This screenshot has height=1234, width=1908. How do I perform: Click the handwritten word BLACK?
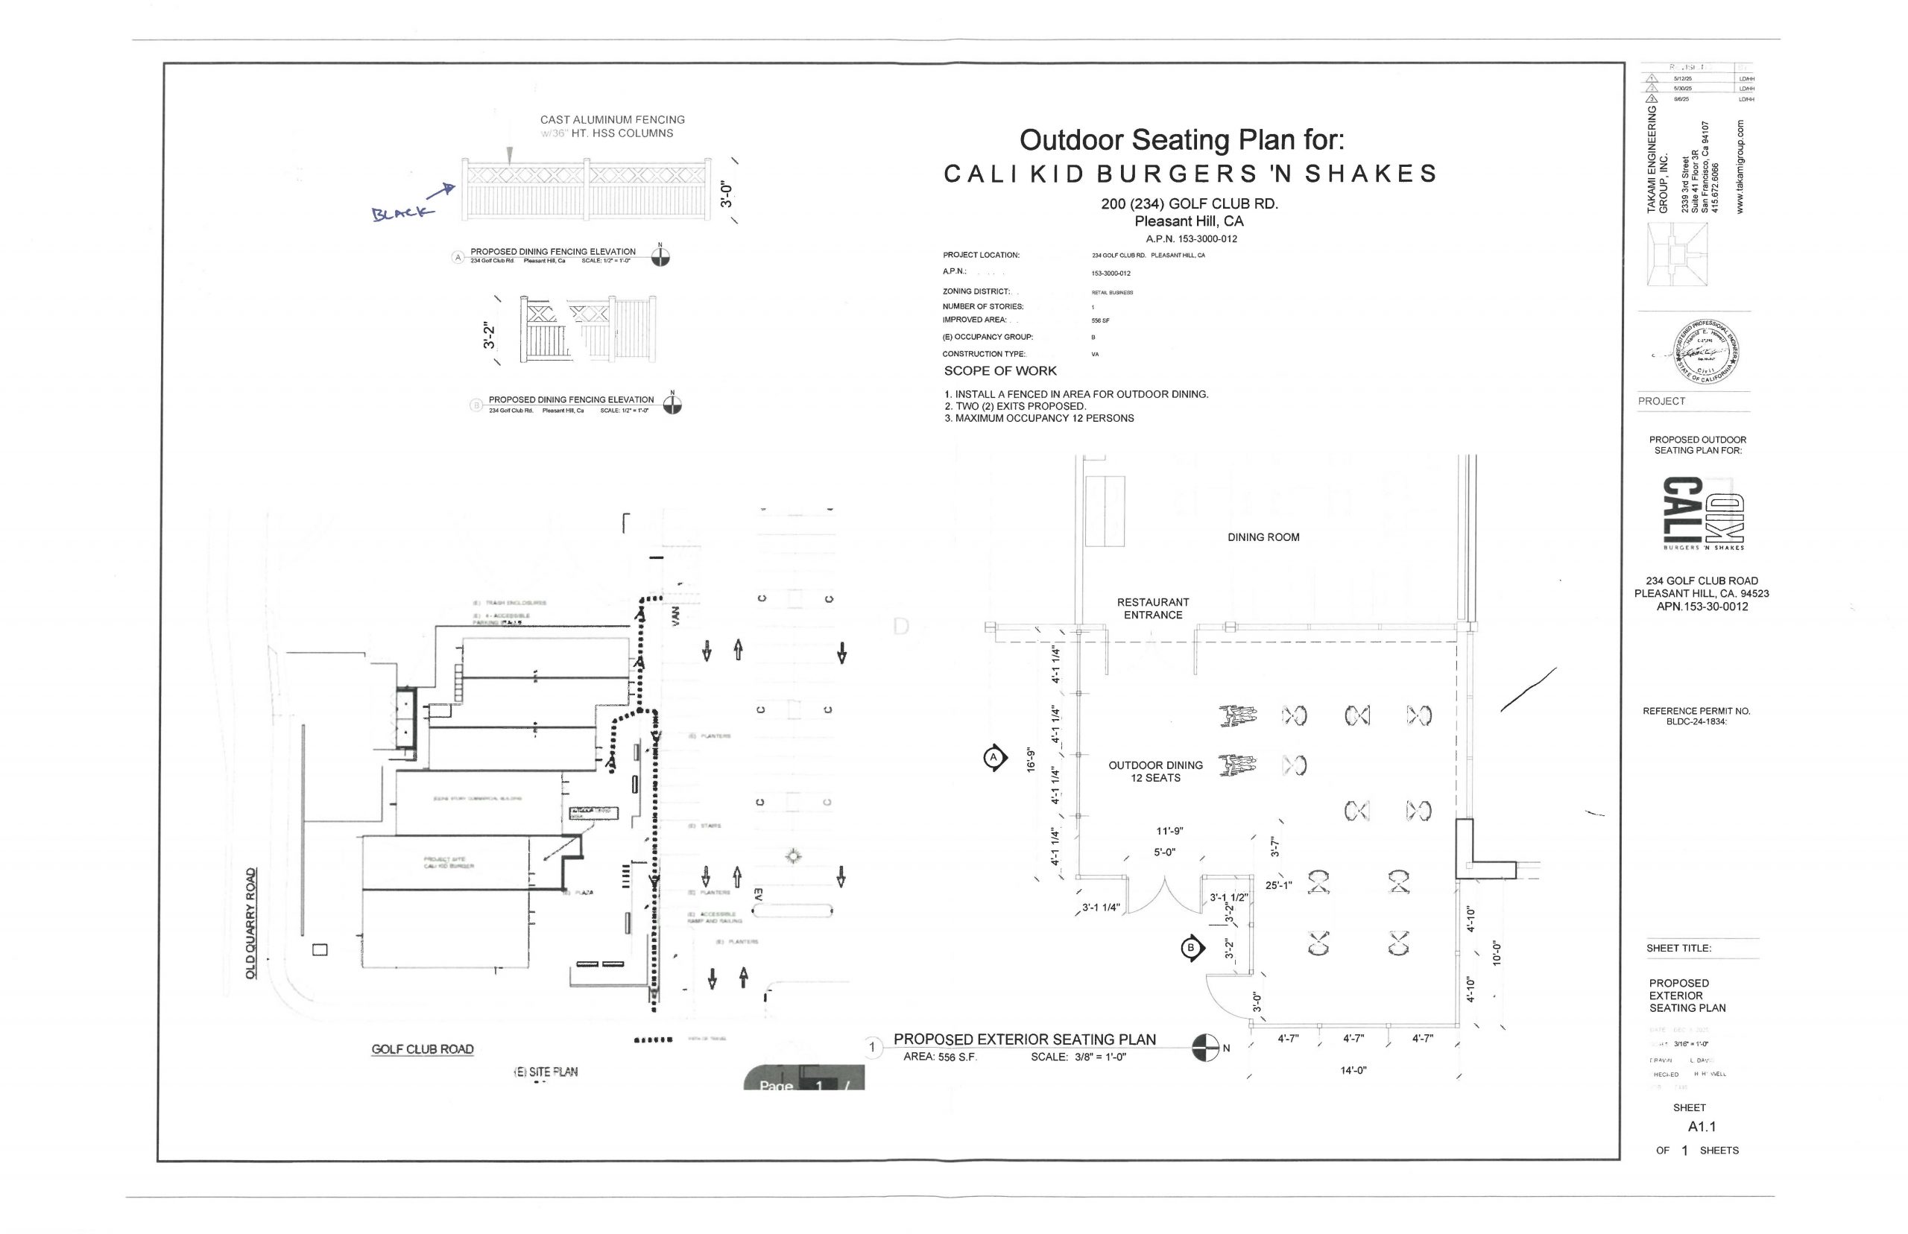pyautogui.click(x=402, y=212)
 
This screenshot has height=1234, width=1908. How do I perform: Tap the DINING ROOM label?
pyautogui.click(x=1263, y=537)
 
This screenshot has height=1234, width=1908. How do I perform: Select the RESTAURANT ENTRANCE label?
pyautogui.click(x=1152, y=608)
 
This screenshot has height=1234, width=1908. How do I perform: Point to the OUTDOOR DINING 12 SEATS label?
pyautogui.click(x=1154, y=771)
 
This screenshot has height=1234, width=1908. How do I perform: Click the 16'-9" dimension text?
pyautogui.click(x=1032, y=759)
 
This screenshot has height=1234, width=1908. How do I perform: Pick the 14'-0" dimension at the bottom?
pyautogui.click(x=1353, y=1070)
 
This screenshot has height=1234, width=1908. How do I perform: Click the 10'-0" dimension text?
pyautogui.click(x=1494, y=953)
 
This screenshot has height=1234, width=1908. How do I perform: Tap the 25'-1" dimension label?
pyautogui.click(x=1279, y=885)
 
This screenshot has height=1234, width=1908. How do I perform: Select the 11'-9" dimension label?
pyautogui.click(x=1169, y=831)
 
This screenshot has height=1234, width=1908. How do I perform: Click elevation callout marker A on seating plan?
pyautogui.click(x=994, y=757)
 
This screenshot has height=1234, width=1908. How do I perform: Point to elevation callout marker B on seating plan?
pyautogui.click(x=1191, y=948)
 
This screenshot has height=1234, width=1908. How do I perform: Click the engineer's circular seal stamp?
pyautogui.click(x=1706, y=352)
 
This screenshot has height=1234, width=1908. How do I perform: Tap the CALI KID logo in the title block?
pyautogui.click(x=1703, y=513)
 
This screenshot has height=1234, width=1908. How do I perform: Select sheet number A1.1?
pyautogui.click(x=1702, y=1126)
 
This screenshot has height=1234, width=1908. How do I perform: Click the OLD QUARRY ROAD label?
pyautogui.click(x=251, y=923)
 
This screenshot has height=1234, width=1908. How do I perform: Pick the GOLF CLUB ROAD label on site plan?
pyautogui.click(x=423, y=1049)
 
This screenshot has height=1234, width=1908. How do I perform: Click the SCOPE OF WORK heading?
pyautogui.click(x=999, y=371)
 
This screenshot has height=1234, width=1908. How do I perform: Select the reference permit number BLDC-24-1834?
pyautogui.click(x=1696, y=721)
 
